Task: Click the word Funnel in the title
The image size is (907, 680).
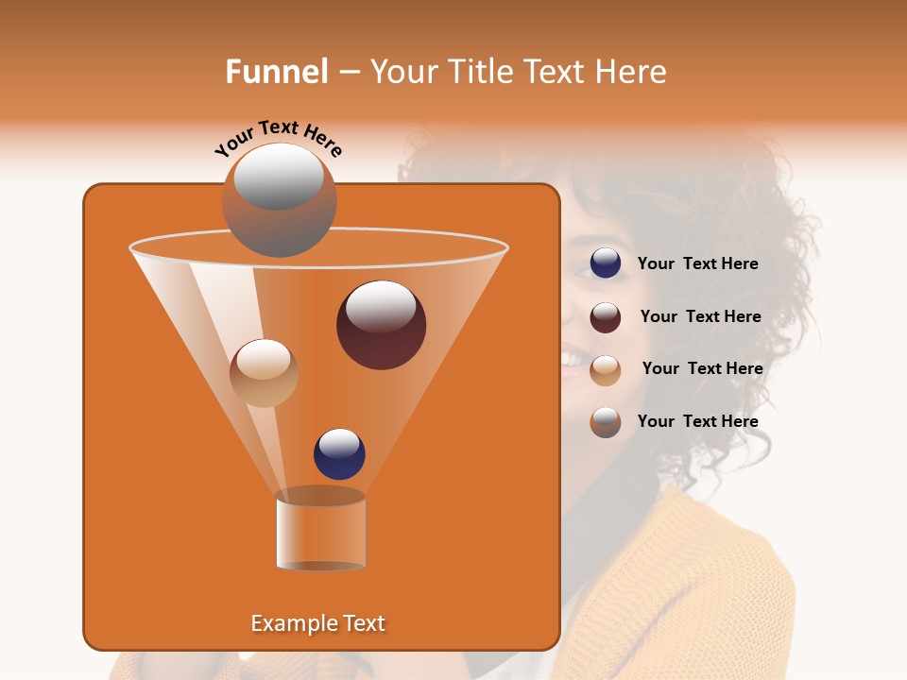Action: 276,72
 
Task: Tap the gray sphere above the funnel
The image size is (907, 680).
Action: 279,199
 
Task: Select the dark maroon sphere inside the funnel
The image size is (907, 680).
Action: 381,325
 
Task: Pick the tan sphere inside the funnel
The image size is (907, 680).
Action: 264,372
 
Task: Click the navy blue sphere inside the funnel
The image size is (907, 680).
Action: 339,453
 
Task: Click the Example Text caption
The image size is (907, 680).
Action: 317,623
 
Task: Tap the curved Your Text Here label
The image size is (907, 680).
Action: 278,138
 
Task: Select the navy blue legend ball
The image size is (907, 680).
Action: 606,263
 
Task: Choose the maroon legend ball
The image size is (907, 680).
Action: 606,317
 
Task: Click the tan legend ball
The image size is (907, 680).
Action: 606,369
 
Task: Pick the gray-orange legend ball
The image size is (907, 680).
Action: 606,422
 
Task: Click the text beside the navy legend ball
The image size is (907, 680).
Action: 697,264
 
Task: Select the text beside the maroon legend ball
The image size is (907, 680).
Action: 700,317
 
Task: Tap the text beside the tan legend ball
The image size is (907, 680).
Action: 702,369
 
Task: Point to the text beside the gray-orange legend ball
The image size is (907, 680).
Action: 697,422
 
